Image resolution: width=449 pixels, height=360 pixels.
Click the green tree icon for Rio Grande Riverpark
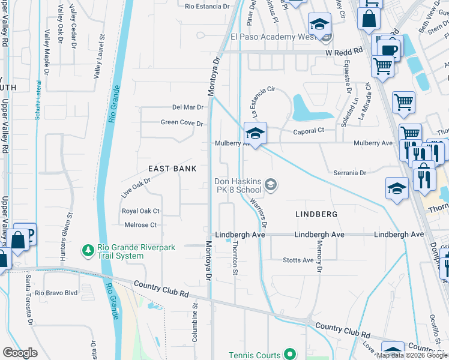tap(88, 249)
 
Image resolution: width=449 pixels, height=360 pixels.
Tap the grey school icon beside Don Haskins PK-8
tap(271, 185)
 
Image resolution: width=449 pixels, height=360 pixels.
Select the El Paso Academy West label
tap(273, 37)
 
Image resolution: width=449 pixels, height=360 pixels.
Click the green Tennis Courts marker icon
tap(289, 355)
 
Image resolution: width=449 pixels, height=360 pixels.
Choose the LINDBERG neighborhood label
tap(316, 214)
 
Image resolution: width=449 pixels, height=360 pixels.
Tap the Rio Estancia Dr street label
tap(207, 7)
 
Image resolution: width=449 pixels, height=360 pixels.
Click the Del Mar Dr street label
tap(188, 107)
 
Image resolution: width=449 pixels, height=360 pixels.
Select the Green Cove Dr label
tap(182, 123)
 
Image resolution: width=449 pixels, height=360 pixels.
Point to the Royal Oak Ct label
tap(140, 211)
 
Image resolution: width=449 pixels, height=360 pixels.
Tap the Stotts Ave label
tap(298, 260)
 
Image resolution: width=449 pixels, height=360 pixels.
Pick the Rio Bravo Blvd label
tap(56, 293)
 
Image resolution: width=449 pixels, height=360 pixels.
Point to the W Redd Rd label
tap(345, 52)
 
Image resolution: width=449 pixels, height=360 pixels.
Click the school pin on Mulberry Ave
tap(255, 134)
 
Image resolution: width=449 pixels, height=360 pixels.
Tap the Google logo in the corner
tap(20, 353)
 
